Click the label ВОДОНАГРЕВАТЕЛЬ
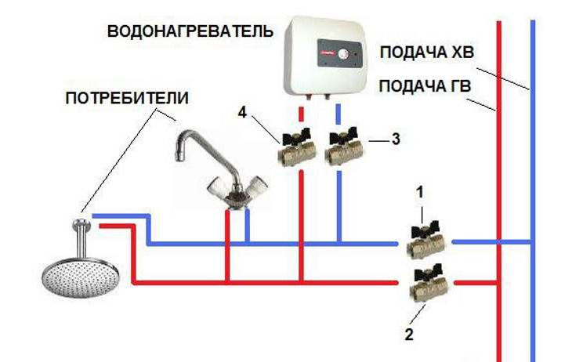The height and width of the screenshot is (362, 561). (x=190, y=32)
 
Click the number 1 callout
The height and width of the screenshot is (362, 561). (x=422, y=191)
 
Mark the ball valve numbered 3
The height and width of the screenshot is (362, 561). (x=342, y=149)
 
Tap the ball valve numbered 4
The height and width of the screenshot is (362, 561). (x=296, y=150)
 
